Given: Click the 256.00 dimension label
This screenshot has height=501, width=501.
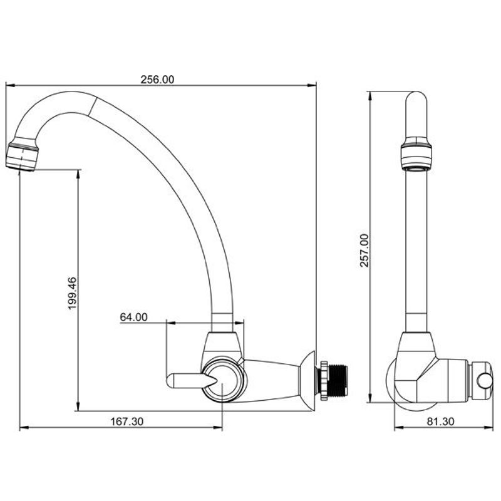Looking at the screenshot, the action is tap(158, 80).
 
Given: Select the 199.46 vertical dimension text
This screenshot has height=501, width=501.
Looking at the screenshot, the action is tap(73, 293).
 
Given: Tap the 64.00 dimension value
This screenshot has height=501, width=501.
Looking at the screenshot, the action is tap(133, 317).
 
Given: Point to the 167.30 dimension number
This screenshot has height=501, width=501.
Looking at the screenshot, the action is tap(127, 421).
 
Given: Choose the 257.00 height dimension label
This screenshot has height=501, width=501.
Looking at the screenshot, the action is tap(364, 250).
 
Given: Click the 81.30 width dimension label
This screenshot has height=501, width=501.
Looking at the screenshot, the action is tap(440, 421).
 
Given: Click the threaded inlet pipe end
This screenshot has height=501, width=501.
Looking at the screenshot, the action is tap(338, 380).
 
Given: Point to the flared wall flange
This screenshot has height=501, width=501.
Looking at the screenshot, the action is tap(307, 381).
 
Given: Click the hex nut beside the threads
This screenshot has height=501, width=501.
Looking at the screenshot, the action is tap(324, 380).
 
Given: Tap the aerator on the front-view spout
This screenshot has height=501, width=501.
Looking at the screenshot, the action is tap(22, 155).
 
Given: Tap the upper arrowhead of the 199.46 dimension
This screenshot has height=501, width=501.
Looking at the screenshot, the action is tap(78, 174).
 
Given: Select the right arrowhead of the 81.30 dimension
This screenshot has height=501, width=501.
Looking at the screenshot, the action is tap(489, 428).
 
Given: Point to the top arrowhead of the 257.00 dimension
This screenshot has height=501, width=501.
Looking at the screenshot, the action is tap(369, 96).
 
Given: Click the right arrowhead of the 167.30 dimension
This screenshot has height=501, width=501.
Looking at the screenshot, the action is tap(218, 428).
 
